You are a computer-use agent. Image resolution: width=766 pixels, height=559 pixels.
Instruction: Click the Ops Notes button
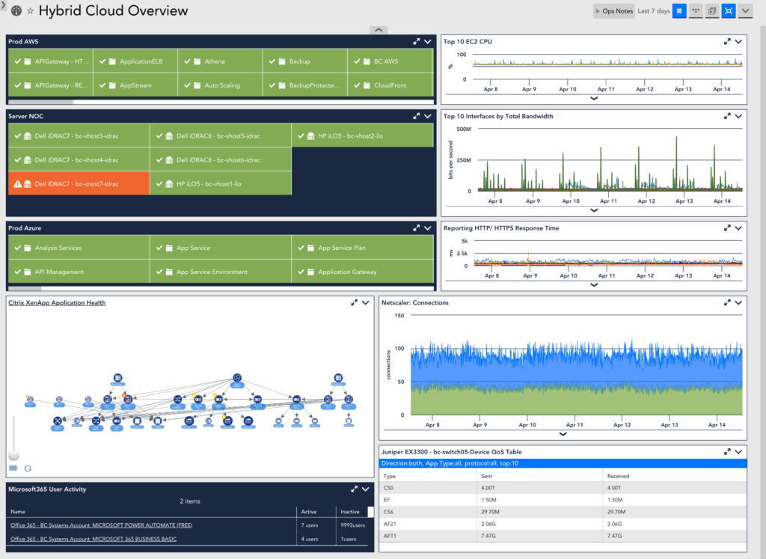[x=613, y=11]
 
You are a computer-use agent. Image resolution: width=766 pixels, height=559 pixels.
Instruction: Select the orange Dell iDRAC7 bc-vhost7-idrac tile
[x=79, y=183]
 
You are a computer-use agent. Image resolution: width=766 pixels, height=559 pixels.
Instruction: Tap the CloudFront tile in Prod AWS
[x=390, y=85]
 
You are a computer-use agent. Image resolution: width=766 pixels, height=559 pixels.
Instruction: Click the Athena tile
[x=220, y=61]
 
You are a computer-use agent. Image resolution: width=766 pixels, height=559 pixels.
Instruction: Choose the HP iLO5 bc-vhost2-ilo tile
[x=362, y=136]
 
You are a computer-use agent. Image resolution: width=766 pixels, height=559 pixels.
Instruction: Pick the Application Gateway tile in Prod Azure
[x=362, y=272]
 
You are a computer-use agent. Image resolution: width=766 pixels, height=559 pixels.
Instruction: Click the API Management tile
[x=78, y=272]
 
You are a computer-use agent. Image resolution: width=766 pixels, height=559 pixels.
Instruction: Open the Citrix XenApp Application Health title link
[x=57, y=303]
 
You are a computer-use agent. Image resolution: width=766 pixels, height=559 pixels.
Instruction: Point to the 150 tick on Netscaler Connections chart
[x=399, y=316]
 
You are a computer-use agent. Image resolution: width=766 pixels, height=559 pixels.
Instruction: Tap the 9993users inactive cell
[x=353, y=525]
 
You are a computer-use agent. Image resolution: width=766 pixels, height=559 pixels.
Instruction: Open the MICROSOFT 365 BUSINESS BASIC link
[x=94, y=539]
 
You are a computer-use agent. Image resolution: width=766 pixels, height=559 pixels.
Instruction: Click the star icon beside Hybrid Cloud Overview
[x=30, y=11]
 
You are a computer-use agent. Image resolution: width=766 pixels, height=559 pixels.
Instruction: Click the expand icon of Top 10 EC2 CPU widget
[x=727, y=42]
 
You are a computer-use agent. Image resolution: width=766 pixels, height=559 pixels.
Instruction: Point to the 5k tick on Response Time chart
[x=463, y=241]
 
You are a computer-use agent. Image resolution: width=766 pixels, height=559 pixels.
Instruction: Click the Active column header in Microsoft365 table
[x=309, y=512]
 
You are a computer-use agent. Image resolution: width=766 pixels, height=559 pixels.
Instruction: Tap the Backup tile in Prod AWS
[x=305, y=61]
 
